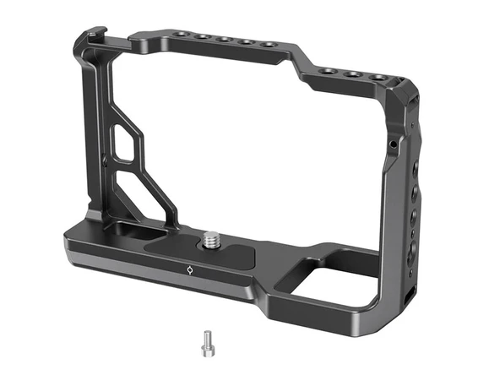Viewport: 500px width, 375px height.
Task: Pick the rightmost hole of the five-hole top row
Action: (269, 44)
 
